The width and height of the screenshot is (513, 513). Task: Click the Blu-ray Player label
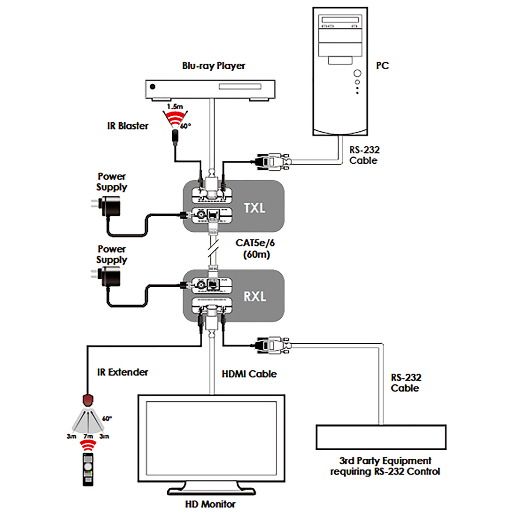tap(213, 66)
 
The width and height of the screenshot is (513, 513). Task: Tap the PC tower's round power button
tap(357, 73)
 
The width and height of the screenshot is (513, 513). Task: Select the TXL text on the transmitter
tap(254, 208)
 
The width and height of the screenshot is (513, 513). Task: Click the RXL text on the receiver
tap(255, 296)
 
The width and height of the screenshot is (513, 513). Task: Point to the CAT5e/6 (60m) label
tap(255, 249)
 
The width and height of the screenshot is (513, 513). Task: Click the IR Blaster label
tap(128, 126)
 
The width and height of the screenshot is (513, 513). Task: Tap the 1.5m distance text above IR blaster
tap(175, 106)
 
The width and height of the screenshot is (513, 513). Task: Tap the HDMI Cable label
tap(249, 374)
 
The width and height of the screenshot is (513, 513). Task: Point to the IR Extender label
tap(122, 372)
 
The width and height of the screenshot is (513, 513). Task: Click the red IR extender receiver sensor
tap(88, 400)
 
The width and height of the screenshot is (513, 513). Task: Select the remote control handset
tap(88, 469)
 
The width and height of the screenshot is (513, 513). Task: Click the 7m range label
tap(88, 436)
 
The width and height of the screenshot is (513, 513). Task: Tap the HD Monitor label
tap(210, 504)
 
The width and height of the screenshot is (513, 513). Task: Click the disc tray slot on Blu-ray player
tap(240, 86)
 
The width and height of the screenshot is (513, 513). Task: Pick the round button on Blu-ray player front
tap(153, 87)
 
